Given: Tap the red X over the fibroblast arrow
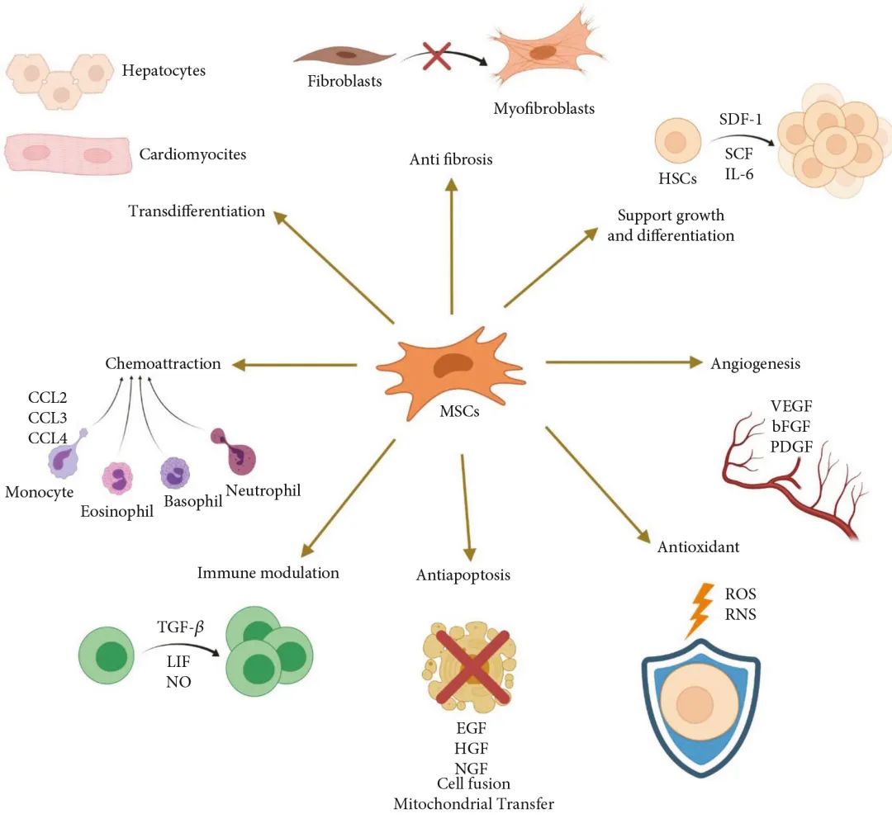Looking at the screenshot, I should tap(437, 58).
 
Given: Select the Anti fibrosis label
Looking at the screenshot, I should tap(451, 159).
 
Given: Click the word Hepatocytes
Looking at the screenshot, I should tap(164, 70).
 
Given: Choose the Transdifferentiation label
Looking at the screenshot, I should tap(197, 211).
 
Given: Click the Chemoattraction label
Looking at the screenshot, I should tap(163, 363).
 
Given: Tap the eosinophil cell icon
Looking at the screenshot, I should tap(117, 478).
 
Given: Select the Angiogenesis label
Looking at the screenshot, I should tap(755, 363).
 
